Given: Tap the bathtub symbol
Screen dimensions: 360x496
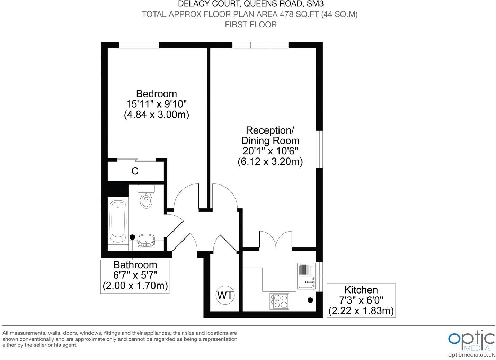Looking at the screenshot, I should coord(118,222).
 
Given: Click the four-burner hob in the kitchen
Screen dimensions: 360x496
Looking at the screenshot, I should coord(279,301).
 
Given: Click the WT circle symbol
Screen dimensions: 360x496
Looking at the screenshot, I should coord(225,296).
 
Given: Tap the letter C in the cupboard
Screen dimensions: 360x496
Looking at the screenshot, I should coord(135,171).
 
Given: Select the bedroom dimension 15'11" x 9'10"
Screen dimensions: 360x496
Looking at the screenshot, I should coord(157,104).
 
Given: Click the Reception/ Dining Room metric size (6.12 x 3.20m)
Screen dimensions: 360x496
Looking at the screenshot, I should coord(270,162).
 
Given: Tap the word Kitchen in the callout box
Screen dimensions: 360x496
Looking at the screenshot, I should coord(361,290).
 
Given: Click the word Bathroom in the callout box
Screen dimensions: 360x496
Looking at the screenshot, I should coord(135,265).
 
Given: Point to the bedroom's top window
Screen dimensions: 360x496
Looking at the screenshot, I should coord(139,45).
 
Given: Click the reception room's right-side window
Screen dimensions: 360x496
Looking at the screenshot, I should coord(321,149).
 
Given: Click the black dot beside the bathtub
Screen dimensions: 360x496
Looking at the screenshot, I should coord(132,237).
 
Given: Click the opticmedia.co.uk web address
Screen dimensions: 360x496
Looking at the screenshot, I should coord(471,355).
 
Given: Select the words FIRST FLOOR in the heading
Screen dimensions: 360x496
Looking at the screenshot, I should coord(251,25).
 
